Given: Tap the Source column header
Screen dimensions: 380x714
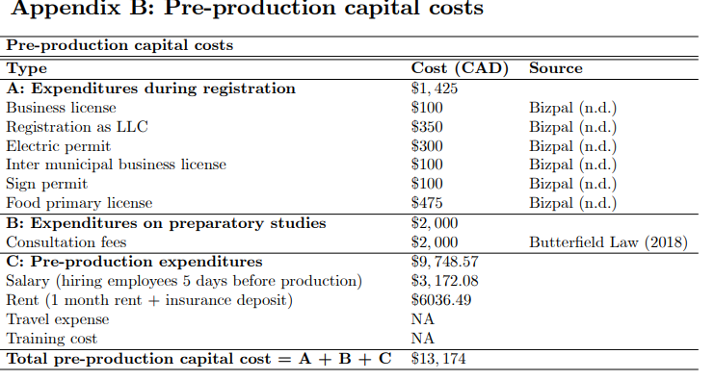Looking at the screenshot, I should point(555,68).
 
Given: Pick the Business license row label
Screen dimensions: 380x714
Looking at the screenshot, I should point(61,107).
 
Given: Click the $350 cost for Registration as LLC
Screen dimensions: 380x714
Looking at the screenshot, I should point(427,126).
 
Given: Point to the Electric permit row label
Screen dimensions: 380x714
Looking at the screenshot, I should point(58,145).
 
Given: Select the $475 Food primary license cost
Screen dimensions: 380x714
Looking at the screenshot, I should point(427,203).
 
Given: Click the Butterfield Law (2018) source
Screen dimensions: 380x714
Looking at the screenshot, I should point(607,242).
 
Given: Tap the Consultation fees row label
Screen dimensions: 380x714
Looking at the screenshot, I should point(66,242).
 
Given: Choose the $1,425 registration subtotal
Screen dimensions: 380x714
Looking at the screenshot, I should point(436,88).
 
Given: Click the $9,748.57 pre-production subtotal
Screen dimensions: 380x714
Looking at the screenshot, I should point(445,262).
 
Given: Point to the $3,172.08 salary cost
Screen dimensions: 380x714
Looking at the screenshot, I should point(445,281).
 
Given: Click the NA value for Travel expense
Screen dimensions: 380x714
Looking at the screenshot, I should point(422,319).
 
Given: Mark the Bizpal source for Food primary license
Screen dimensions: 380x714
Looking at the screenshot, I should point(572,203).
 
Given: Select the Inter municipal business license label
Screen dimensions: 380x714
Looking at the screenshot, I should point(116,165).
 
